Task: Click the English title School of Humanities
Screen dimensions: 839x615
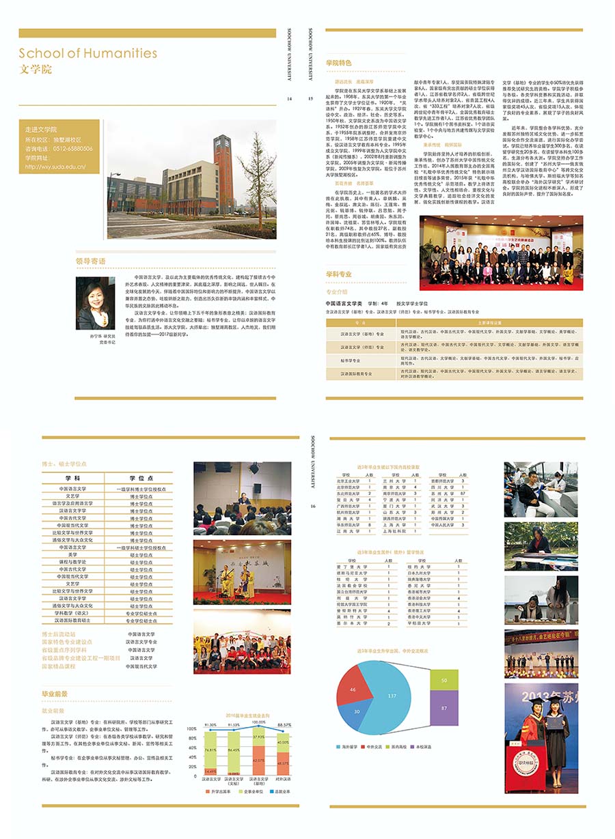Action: coord(87,53)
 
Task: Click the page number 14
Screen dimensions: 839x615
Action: coord(290,99)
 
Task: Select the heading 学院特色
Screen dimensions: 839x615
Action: coord(339,63)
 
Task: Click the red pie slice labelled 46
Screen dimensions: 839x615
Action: coord(353,690)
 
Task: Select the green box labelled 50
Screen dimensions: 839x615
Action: coord(444,680)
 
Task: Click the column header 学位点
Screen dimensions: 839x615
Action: coord(141,478)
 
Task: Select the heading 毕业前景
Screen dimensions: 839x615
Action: coord(55,694)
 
